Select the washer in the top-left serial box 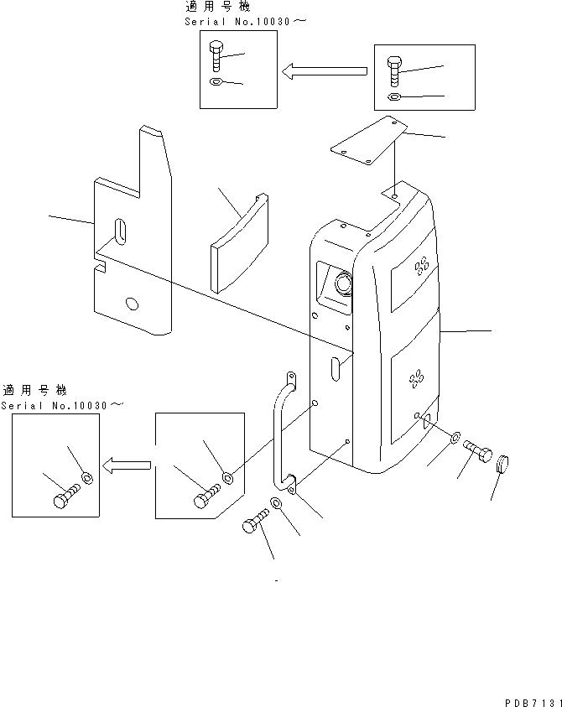216,82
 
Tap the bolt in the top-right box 394,71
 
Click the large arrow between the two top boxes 324,73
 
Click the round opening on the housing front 343,285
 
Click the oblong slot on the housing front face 335,369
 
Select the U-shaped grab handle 282,432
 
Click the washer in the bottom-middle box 227,479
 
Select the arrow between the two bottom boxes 126,463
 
